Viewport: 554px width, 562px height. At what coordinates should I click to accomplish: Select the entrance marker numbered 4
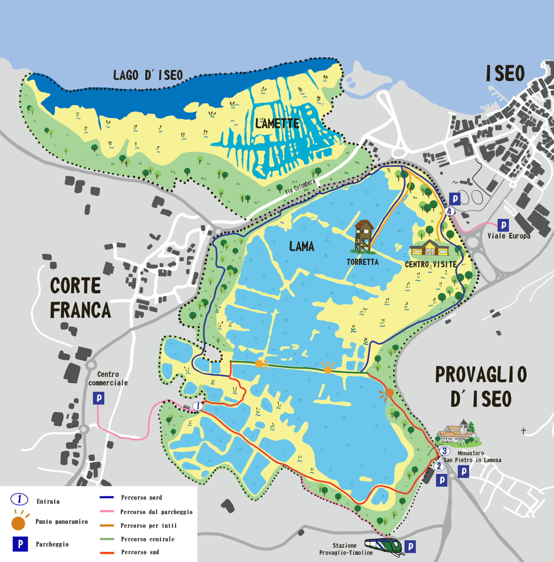(x=449, y=211)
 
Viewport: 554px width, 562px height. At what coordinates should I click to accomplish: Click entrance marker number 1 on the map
(x=198, y=406)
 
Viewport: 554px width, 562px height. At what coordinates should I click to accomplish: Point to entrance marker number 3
(x=444, y=451)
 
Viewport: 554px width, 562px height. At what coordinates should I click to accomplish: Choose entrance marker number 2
(x=439, y=467)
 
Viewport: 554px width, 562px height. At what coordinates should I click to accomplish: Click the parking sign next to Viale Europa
(x=503, y=225)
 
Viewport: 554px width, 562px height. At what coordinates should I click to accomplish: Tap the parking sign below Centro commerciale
(x=98, y=398)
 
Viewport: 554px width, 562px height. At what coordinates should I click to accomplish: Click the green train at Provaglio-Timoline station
(x=384, y=546)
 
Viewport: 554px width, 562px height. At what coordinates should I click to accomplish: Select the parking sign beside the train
(x=410, y=547)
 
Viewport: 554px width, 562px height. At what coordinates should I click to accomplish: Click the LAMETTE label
(x=277, y=124)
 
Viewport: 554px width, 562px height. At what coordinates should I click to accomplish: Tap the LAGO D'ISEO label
(x=148, y=75)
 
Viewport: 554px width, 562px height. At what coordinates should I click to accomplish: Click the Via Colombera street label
(x=300, y=187)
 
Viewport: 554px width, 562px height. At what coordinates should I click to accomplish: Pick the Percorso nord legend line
(x=107, y=497)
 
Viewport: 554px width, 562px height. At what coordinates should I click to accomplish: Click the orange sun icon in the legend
(x=18, y=523)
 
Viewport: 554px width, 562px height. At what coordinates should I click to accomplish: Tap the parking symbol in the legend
(x=20, y=544)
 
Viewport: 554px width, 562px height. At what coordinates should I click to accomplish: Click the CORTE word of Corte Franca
(x=76, y=286)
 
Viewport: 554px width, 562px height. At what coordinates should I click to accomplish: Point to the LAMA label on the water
(x=302, y=247)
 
